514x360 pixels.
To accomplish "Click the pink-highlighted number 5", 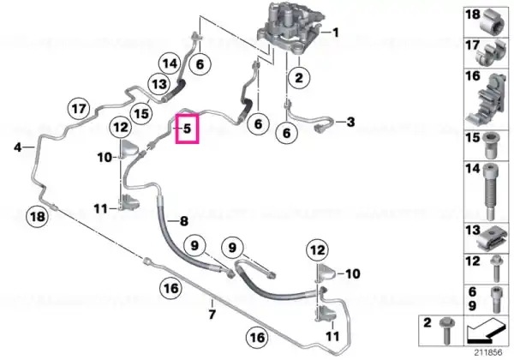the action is tap(187, 129).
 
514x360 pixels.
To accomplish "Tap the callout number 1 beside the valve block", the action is tap(335, 33).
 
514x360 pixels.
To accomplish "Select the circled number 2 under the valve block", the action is tap(299, 78).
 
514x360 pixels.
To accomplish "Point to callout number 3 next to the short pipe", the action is tap(350, 122).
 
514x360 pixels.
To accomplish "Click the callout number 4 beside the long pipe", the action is tap(18, 147).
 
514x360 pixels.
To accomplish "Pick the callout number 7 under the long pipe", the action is tap(212, 315).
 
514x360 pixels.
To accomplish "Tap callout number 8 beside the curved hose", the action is tap(184, 221).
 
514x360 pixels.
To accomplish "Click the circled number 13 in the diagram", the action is tap(159, 84).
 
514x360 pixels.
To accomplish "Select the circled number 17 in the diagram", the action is tap(79, 109).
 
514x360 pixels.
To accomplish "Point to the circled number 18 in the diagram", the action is tap(38, 216).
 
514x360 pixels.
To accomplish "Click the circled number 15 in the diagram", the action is tap(141, 114).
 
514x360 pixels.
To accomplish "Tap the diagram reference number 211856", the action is tap(489, 353).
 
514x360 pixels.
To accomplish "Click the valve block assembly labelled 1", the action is tap(291, 28).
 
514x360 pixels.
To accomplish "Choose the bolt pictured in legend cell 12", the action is tap(496, 268).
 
